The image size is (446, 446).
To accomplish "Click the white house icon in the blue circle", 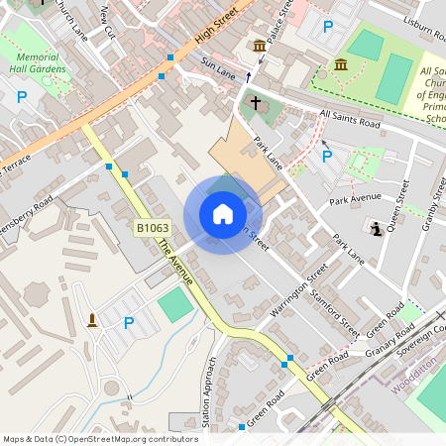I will click(223, 214).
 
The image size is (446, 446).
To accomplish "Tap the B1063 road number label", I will click(152, 229).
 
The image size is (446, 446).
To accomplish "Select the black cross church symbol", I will click(255, 103).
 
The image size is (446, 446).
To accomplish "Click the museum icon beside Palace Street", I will click(260, 47).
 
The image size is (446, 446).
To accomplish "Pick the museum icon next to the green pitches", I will click(341, 64).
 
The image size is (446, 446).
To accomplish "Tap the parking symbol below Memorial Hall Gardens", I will click(22, 97).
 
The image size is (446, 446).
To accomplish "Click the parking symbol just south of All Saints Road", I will click(326, 156).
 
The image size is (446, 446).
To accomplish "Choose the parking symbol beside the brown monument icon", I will click(128, 322).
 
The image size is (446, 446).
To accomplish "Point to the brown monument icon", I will click(92, 319).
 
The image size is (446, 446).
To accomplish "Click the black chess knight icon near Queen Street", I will click(377, 230).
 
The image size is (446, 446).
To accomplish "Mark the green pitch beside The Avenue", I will click(176, 305).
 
